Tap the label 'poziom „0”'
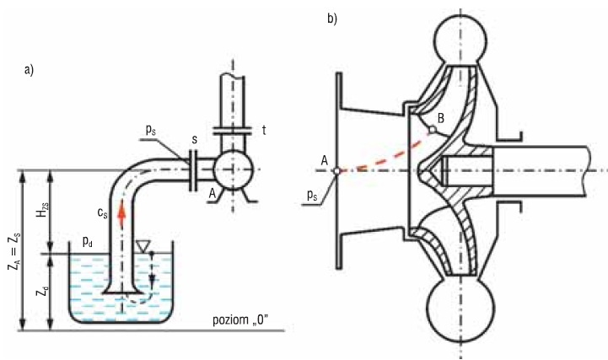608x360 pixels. click(240, 320)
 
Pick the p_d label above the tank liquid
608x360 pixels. click(87, 242)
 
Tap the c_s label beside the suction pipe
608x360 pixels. click(102, 212)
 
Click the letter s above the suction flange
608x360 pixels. click(194, 139)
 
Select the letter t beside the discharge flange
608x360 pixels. click(264, 130)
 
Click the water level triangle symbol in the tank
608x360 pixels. click(143, 245)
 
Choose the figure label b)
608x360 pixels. click(332, 19)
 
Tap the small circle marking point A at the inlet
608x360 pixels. click(337, 170)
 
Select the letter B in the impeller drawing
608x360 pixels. click(440, 118)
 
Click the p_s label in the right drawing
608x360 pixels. click(312, 196)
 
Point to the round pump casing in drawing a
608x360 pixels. click(234, 169)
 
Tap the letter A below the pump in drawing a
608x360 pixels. click(212, 194)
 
